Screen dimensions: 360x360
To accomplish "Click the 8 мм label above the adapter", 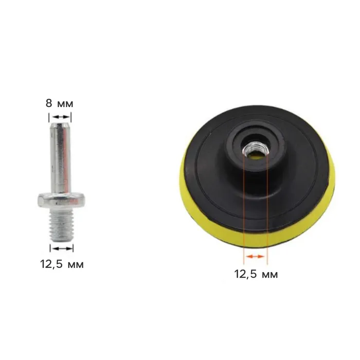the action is (x=59, y=103).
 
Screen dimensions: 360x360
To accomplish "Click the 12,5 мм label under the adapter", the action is (x=62, y=264).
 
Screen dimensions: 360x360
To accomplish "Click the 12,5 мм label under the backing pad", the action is (x=256, y=274).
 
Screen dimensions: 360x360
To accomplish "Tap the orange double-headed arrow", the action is (x=255, y=256).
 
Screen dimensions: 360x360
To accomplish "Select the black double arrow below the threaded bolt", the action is (x=62, y=248).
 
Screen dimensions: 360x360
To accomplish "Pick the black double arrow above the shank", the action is (x=60, y=117).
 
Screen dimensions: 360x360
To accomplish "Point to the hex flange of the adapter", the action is (x=61, y=200).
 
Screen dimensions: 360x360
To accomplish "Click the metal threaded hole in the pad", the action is (x=255, y=150).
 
